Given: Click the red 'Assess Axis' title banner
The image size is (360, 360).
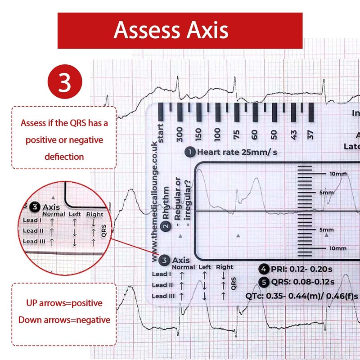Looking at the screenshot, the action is (180, 30).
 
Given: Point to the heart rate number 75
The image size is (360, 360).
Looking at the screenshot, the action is (236, 134).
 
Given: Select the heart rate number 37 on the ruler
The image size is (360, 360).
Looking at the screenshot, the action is (310, 134).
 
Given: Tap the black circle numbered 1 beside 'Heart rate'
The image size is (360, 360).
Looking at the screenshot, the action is (190, 152).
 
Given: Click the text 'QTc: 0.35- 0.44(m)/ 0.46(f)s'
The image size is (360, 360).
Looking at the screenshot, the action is (301, 296).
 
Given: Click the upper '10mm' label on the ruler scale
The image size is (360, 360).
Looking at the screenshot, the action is (337, 174).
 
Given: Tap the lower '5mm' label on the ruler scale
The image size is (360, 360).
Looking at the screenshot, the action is (327, 229).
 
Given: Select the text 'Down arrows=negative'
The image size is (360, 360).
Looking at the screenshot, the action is (63, 320).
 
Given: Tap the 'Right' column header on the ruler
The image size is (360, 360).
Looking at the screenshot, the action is (225, 267).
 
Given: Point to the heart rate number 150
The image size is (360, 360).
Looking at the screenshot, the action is (199, 133).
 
